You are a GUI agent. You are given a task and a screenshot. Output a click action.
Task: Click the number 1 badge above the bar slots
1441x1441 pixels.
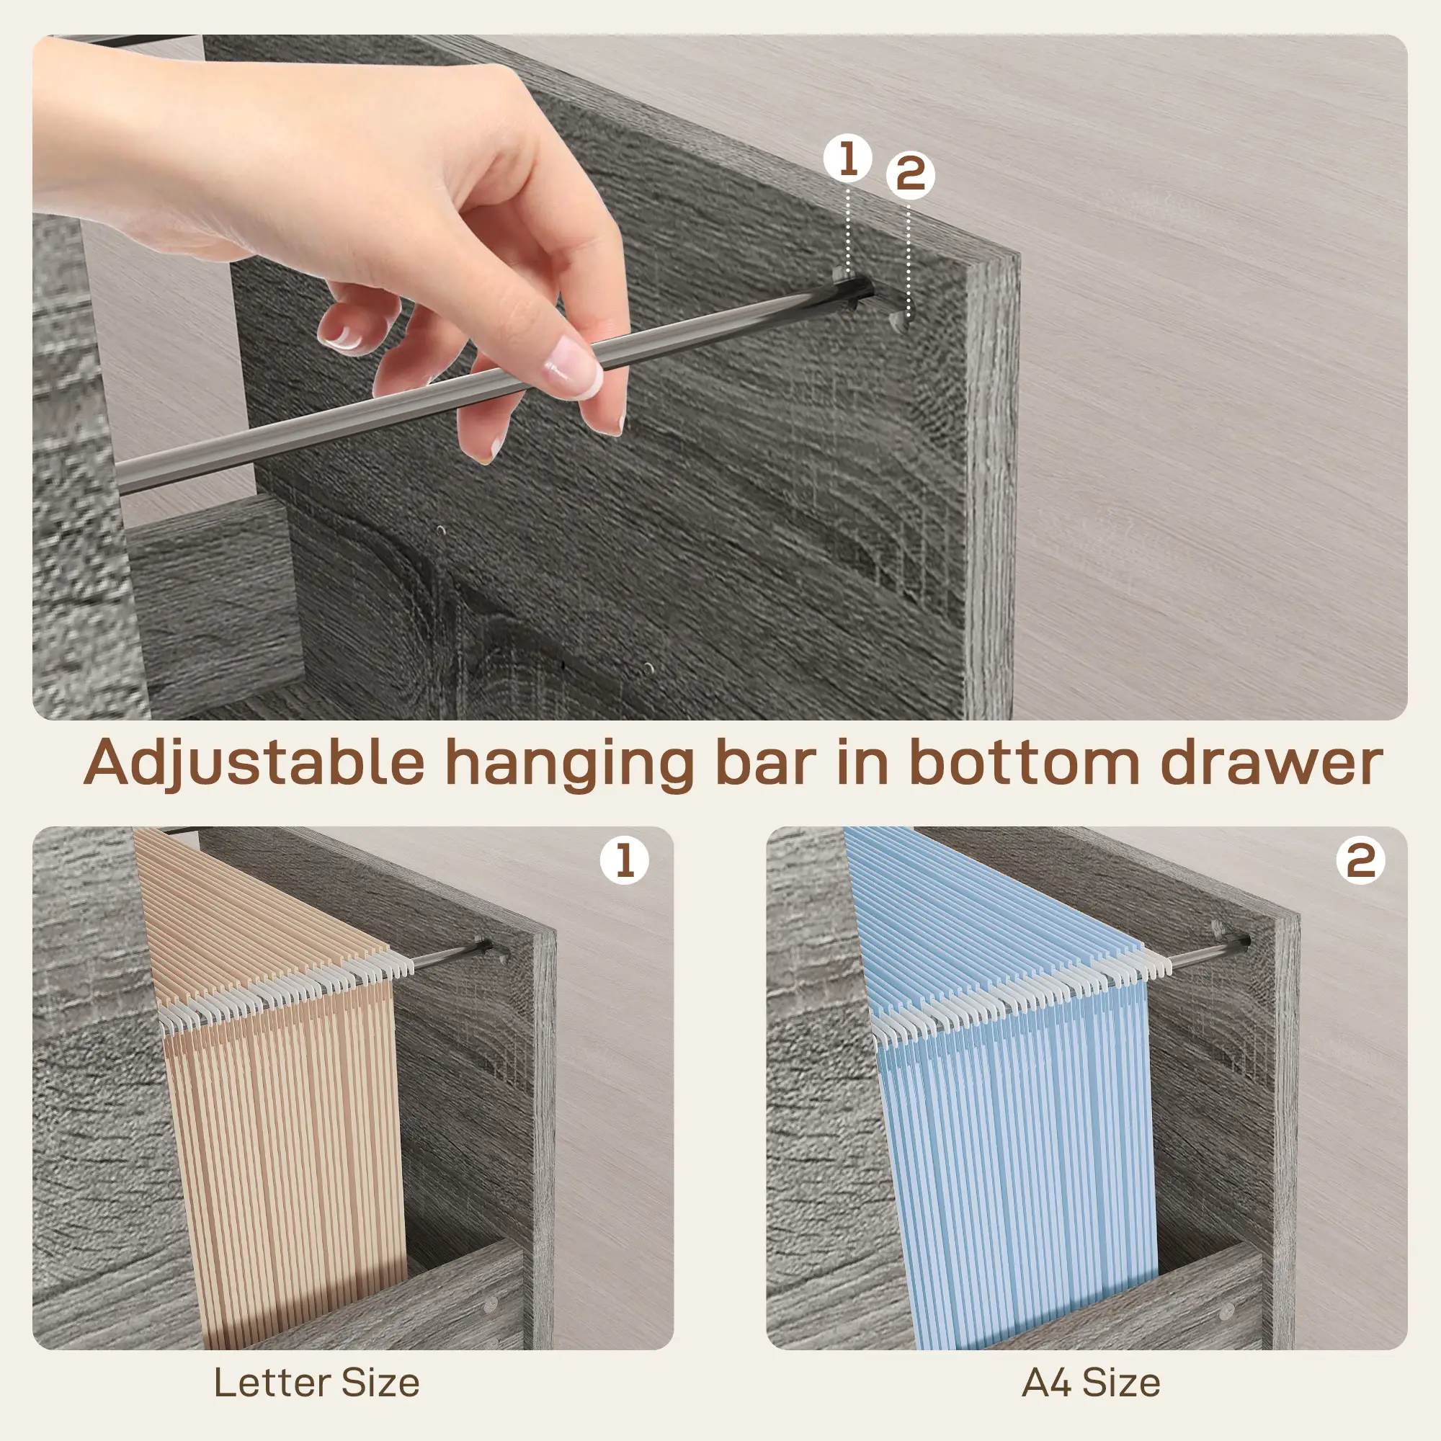(847, 159)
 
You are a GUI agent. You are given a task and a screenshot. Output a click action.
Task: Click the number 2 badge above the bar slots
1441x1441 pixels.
(911, 176)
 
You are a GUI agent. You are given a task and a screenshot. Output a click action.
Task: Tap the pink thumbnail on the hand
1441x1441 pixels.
(573, 367)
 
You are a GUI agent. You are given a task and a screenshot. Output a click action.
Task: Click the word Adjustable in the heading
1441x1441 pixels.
(254, 764)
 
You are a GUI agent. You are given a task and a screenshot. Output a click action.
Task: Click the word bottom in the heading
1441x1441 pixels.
(1023, 762)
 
